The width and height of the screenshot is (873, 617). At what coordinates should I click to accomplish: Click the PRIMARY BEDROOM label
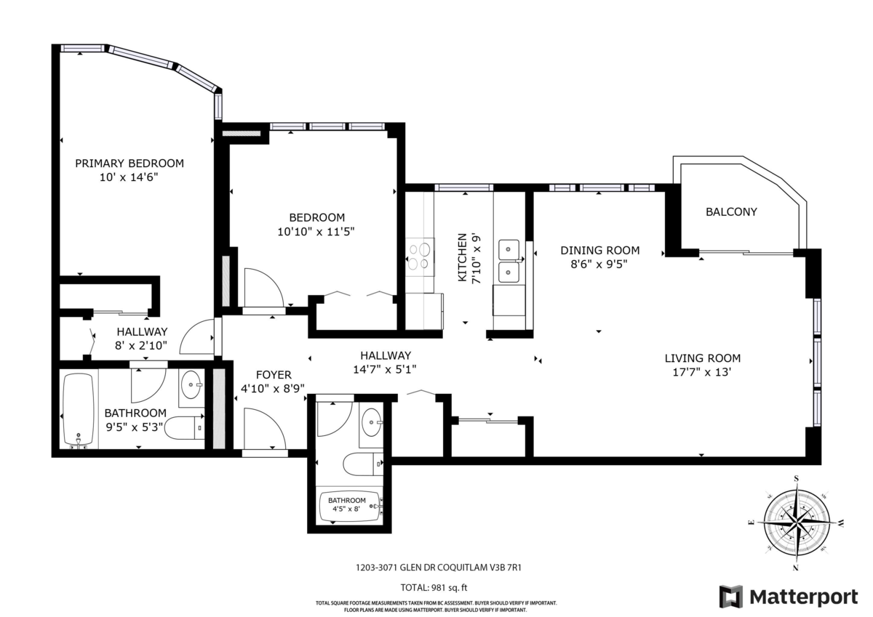tap(129, 163)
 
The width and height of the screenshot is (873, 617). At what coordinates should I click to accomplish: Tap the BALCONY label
tap(731, 211)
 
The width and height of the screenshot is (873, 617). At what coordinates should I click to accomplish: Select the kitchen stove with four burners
tap(420, 257)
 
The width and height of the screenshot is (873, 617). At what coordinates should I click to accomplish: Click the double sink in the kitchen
tap(509, 260)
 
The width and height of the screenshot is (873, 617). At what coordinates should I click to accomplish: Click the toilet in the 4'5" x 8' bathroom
tap(362, 464)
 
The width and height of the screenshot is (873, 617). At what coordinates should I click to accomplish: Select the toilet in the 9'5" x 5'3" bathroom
tap(184, 427)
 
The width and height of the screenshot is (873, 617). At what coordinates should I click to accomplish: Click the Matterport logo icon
tap(731, 597)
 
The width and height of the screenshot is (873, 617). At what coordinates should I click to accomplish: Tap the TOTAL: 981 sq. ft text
tap(434, 587)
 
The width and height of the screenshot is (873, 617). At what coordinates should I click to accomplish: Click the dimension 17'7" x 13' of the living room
tap(701, 372)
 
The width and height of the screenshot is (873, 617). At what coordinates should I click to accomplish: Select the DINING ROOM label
tap(599, 250)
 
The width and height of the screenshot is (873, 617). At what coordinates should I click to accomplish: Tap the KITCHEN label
tap(462, 257)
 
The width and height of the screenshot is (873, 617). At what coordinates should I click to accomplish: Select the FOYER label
tap(274, 375)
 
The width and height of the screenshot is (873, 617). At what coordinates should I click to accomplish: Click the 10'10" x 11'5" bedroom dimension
tap(316, 232)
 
